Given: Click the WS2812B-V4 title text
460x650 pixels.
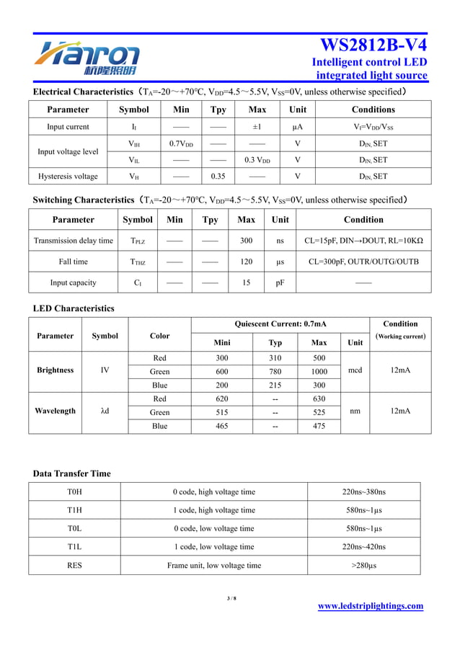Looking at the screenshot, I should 373,44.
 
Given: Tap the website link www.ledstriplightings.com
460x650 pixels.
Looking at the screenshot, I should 371,606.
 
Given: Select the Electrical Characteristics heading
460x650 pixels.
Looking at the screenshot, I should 83,92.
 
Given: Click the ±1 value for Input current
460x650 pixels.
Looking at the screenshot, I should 257,127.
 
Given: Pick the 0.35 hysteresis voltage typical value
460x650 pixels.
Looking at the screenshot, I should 218,176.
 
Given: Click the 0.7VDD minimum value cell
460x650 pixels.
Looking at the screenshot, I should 181,143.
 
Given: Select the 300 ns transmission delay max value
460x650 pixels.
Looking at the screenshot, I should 246,241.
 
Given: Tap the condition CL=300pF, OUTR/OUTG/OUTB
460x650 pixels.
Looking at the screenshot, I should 363,262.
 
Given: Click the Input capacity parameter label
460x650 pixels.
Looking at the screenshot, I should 73,282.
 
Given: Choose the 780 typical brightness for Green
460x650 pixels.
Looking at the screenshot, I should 275,371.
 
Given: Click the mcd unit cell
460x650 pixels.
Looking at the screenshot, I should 355,371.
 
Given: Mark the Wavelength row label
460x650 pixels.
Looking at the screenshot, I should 56,411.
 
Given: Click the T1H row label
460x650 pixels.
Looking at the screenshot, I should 74,510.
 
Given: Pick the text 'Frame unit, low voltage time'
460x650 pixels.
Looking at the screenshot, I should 214,566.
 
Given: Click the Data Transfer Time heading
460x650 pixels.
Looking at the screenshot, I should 72,473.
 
